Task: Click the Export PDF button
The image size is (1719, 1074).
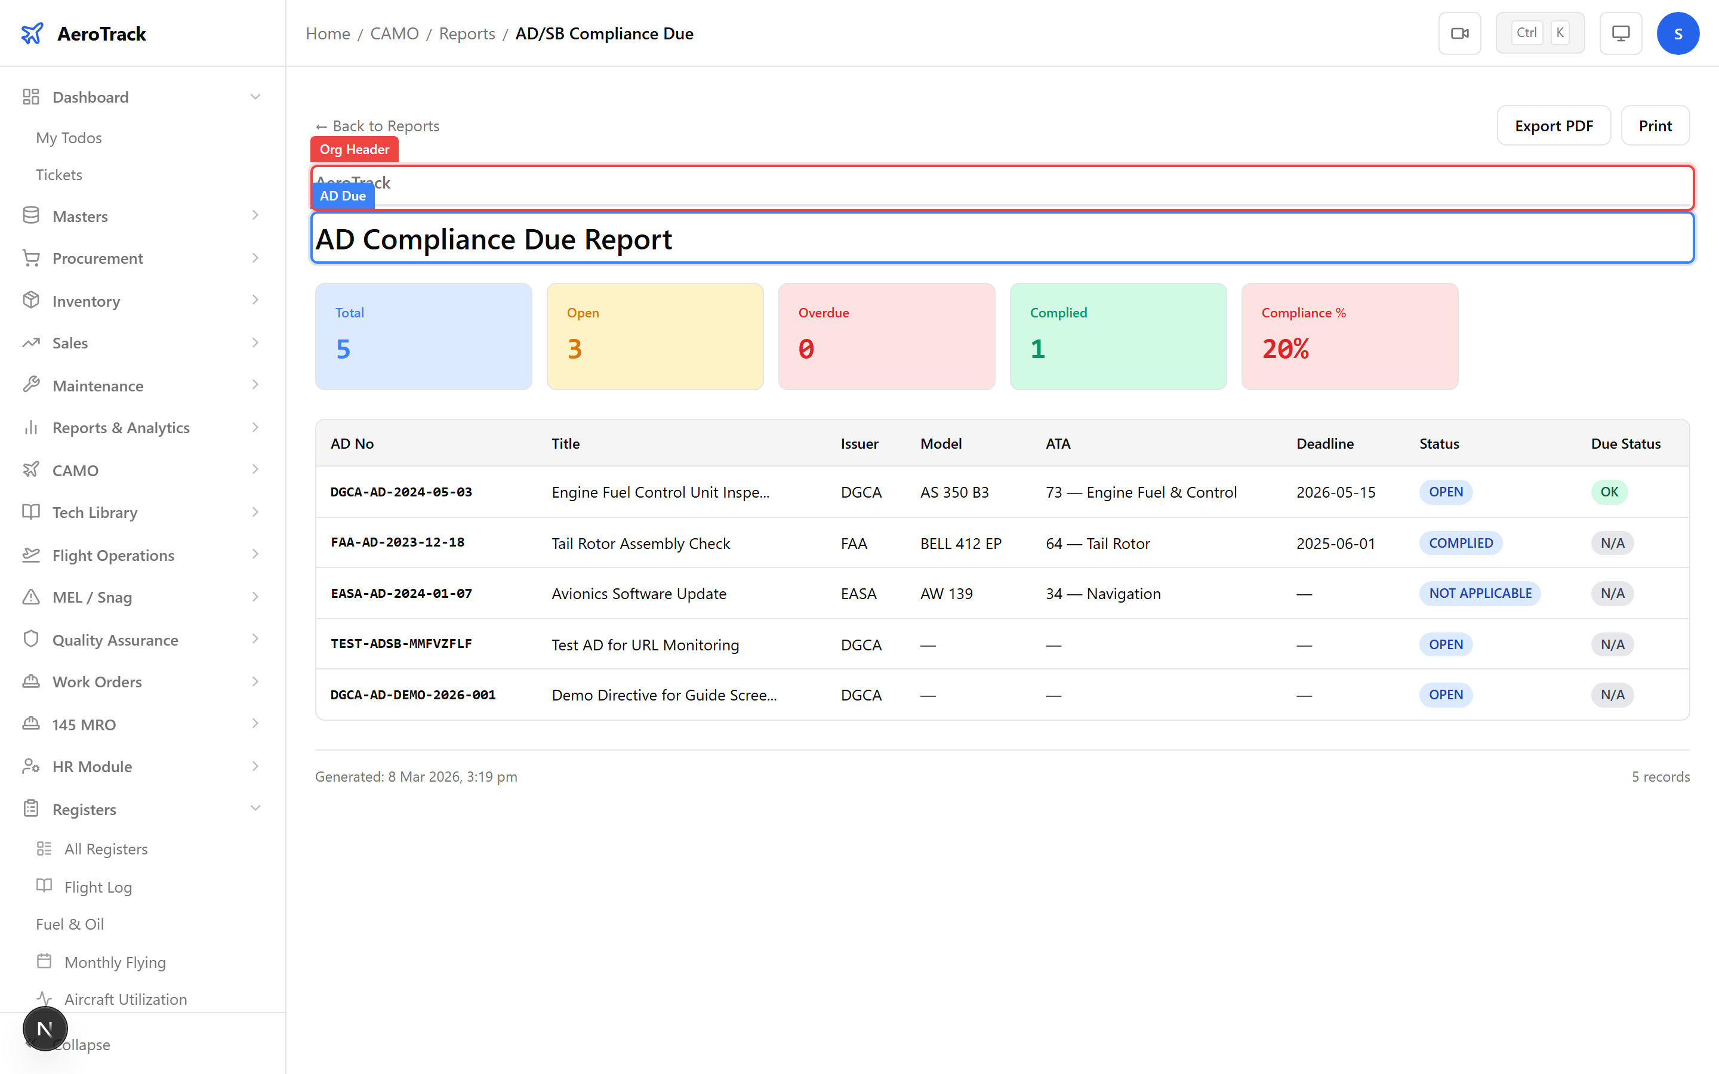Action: pos(1553,126)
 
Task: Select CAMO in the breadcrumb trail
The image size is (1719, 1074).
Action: pos(394,33)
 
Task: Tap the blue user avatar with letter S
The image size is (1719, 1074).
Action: pos(1677,33)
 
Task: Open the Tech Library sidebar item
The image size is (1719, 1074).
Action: pos(94,512)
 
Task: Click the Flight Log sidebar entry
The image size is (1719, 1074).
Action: pos(98,887)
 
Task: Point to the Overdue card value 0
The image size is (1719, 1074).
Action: pos(806,349)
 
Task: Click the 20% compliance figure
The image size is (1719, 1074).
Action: pos(1285,349)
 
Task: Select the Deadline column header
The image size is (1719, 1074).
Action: pos(1325,443)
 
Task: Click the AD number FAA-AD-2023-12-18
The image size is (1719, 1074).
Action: pos(397,543)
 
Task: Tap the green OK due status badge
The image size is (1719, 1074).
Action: pos(1609,492)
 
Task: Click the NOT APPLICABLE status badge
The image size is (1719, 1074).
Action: pos(1480,593)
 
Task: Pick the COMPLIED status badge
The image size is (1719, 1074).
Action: pos(1461,543)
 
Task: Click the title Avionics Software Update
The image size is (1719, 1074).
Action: pos(639,593)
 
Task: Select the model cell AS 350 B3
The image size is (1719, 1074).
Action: pos(954,492)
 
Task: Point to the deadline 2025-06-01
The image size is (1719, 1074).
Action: pos(1335,544)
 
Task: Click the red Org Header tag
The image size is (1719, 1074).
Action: pos(354,149)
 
